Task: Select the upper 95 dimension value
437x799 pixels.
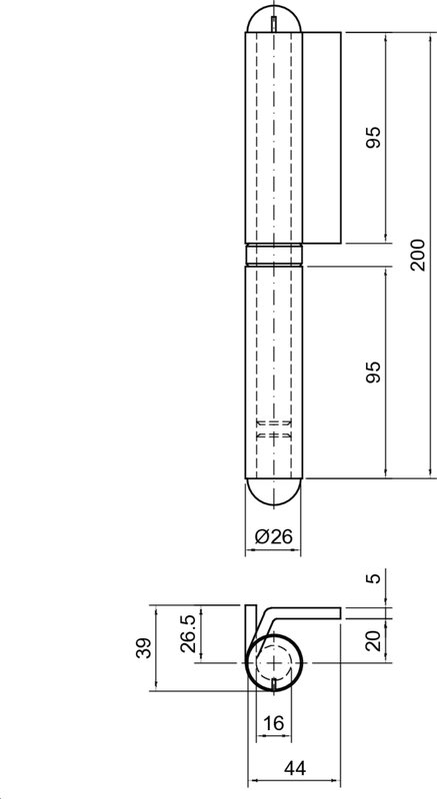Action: [x=373, y=137]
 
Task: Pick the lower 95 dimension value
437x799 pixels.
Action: [x=373, y=373]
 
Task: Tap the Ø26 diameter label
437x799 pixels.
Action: [x=274, y=536]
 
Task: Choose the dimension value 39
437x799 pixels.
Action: [x=145, y=648]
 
